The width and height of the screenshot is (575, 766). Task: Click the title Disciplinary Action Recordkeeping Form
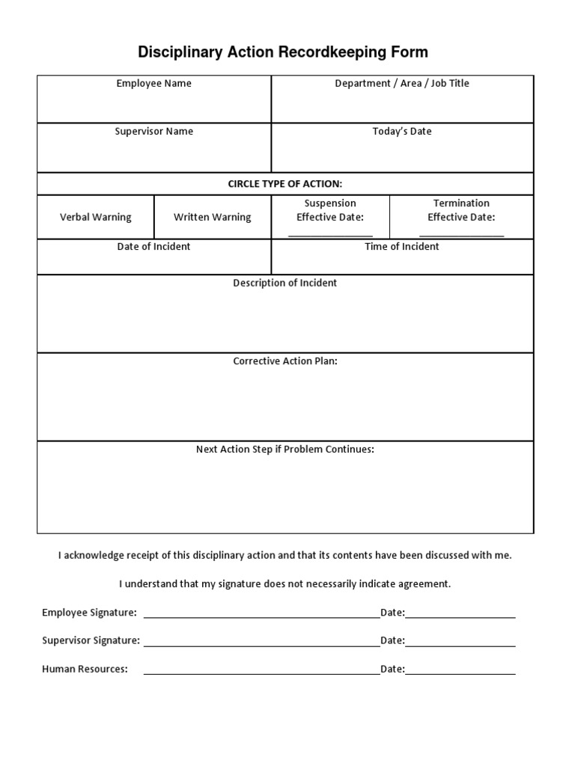pos(283,52)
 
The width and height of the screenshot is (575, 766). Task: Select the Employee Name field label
pos(153,84)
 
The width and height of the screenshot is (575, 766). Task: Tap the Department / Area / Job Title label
pos(402,84)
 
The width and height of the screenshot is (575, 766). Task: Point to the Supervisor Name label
pos(153,132)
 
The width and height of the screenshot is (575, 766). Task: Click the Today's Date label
pos(402,132)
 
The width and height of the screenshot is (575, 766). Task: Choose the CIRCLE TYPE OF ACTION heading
pos(285,184)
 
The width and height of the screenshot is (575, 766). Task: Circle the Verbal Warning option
pos(95,218)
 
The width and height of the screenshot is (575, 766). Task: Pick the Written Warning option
pos(213,218)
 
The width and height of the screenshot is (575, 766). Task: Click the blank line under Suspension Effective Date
pos(330,234)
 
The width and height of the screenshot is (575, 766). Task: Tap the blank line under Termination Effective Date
pos(461,234)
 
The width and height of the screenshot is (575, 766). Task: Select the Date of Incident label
pos(153,247)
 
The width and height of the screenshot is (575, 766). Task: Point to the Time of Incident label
pos(402,247)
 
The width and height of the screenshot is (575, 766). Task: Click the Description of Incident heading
pos(285,284)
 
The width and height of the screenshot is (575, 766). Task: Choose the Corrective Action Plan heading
pos(285,361)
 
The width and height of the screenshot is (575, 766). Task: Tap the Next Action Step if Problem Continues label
pos(285,450)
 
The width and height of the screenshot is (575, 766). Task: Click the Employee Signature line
pos(261,617)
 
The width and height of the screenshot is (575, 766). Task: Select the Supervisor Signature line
pos(261,645)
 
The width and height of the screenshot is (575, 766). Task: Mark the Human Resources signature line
pos(261,673)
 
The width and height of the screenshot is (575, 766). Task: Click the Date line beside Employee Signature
pos(460,617)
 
